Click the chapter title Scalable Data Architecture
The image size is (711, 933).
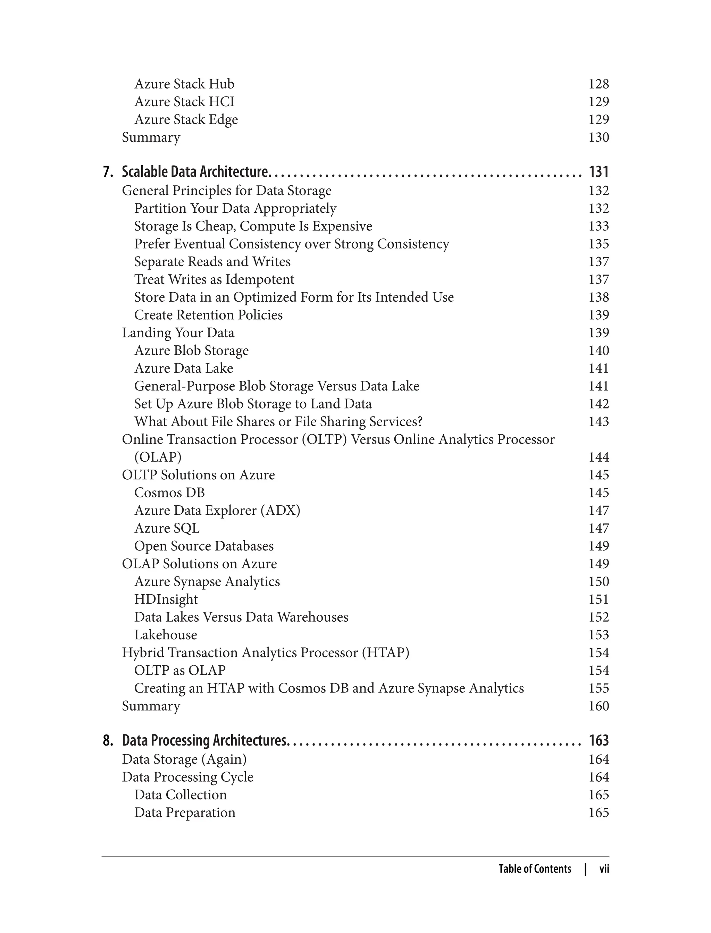tap(195, 172)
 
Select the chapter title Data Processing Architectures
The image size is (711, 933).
tap(204, 740)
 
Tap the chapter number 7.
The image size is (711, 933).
tap(108, 172)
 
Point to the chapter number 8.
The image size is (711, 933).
tap(108, 740)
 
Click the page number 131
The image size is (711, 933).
tap(599, 172)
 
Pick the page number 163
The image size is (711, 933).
tap(599, 740)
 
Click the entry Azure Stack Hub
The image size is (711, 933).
tap(184, 84)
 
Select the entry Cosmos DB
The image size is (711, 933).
tap(169, 493)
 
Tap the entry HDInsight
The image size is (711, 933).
tap(166, 599)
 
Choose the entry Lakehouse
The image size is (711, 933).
tap(166, 635)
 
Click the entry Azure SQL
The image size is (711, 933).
tap(167, 528)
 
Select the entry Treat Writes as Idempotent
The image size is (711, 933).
tap(214, 279)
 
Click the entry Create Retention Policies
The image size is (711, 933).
tap(208, 315)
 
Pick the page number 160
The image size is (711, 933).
tap(599, 706)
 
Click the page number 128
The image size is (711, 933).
tap(599, 84)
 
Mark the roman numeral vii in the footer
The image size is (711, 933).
tap(604, 869)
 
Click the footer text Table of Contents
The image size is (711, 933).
tap(535, 869)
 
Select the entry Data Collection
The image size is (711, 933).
tap(180, 795)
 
